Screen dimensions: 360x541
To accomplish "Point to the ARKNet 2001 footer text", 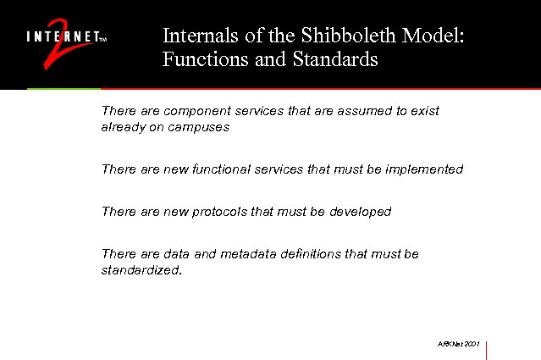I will point(459,344).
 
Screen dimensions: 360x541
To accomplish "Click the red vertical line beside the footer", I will point(487,350).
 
